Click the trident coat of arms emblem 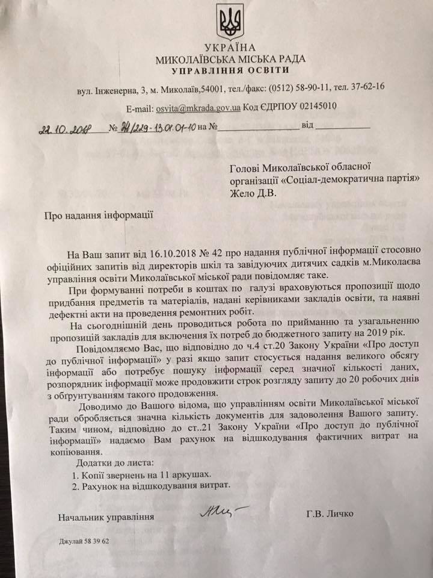pos(230,22)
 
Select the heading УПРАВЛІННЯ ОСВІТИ pos(230,70)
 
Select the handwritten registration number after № pos(156,128)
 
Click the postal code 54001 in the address pos(212,89)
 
